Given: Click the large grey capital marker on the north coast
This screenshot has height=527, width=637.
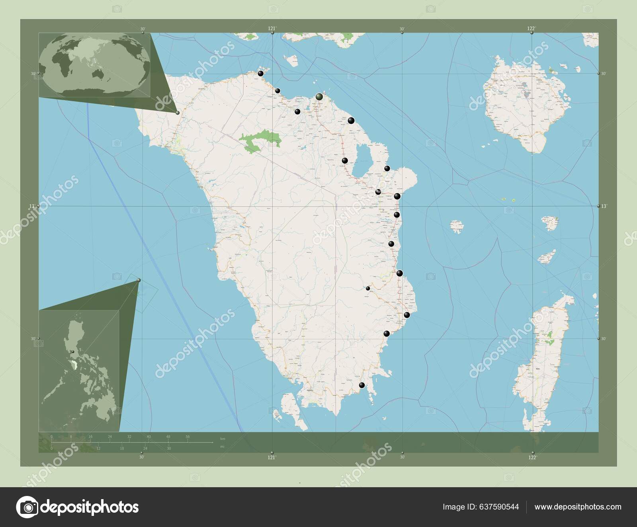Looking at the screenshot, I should [x=319, y=96].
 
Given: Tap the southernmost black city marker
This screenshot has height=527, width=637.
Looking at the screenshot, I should [x=361, y=385].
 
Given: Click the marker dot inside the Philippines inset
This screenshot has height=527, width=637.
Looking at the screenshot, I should [x=72, y=351].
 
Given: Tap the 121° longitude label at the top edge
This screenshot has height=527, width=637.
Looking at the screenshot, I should [x=272, y=28].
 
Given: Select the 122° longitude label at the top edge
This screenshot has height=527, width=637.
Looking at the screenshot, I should [x=531, y=28].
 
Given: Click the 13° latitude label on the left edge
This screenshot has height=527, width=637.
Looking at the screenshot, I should [x=32, y=206].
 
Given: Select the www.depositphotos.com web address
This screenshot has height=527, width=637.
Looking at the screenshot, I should [x=578, y=507].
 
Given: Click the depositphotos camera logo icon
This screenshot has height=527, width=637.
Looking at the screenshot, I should [x=27, y=507].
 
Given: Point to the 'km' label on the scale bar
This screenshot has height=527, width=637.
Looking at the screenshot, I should [x=223, y=439].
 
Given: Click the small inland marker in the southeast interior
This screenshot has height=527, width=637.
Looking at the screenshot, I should [x=368, y=289].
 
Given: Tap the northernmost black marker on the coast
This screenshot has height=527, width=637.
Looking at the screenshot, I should [x=260, y=73].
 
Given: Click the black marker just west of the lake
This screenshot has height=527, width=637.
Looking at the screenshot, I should [x=345, y=160].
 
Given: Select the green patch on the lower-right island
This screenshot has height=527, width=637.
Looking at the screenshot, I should [x=551, y=335].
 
